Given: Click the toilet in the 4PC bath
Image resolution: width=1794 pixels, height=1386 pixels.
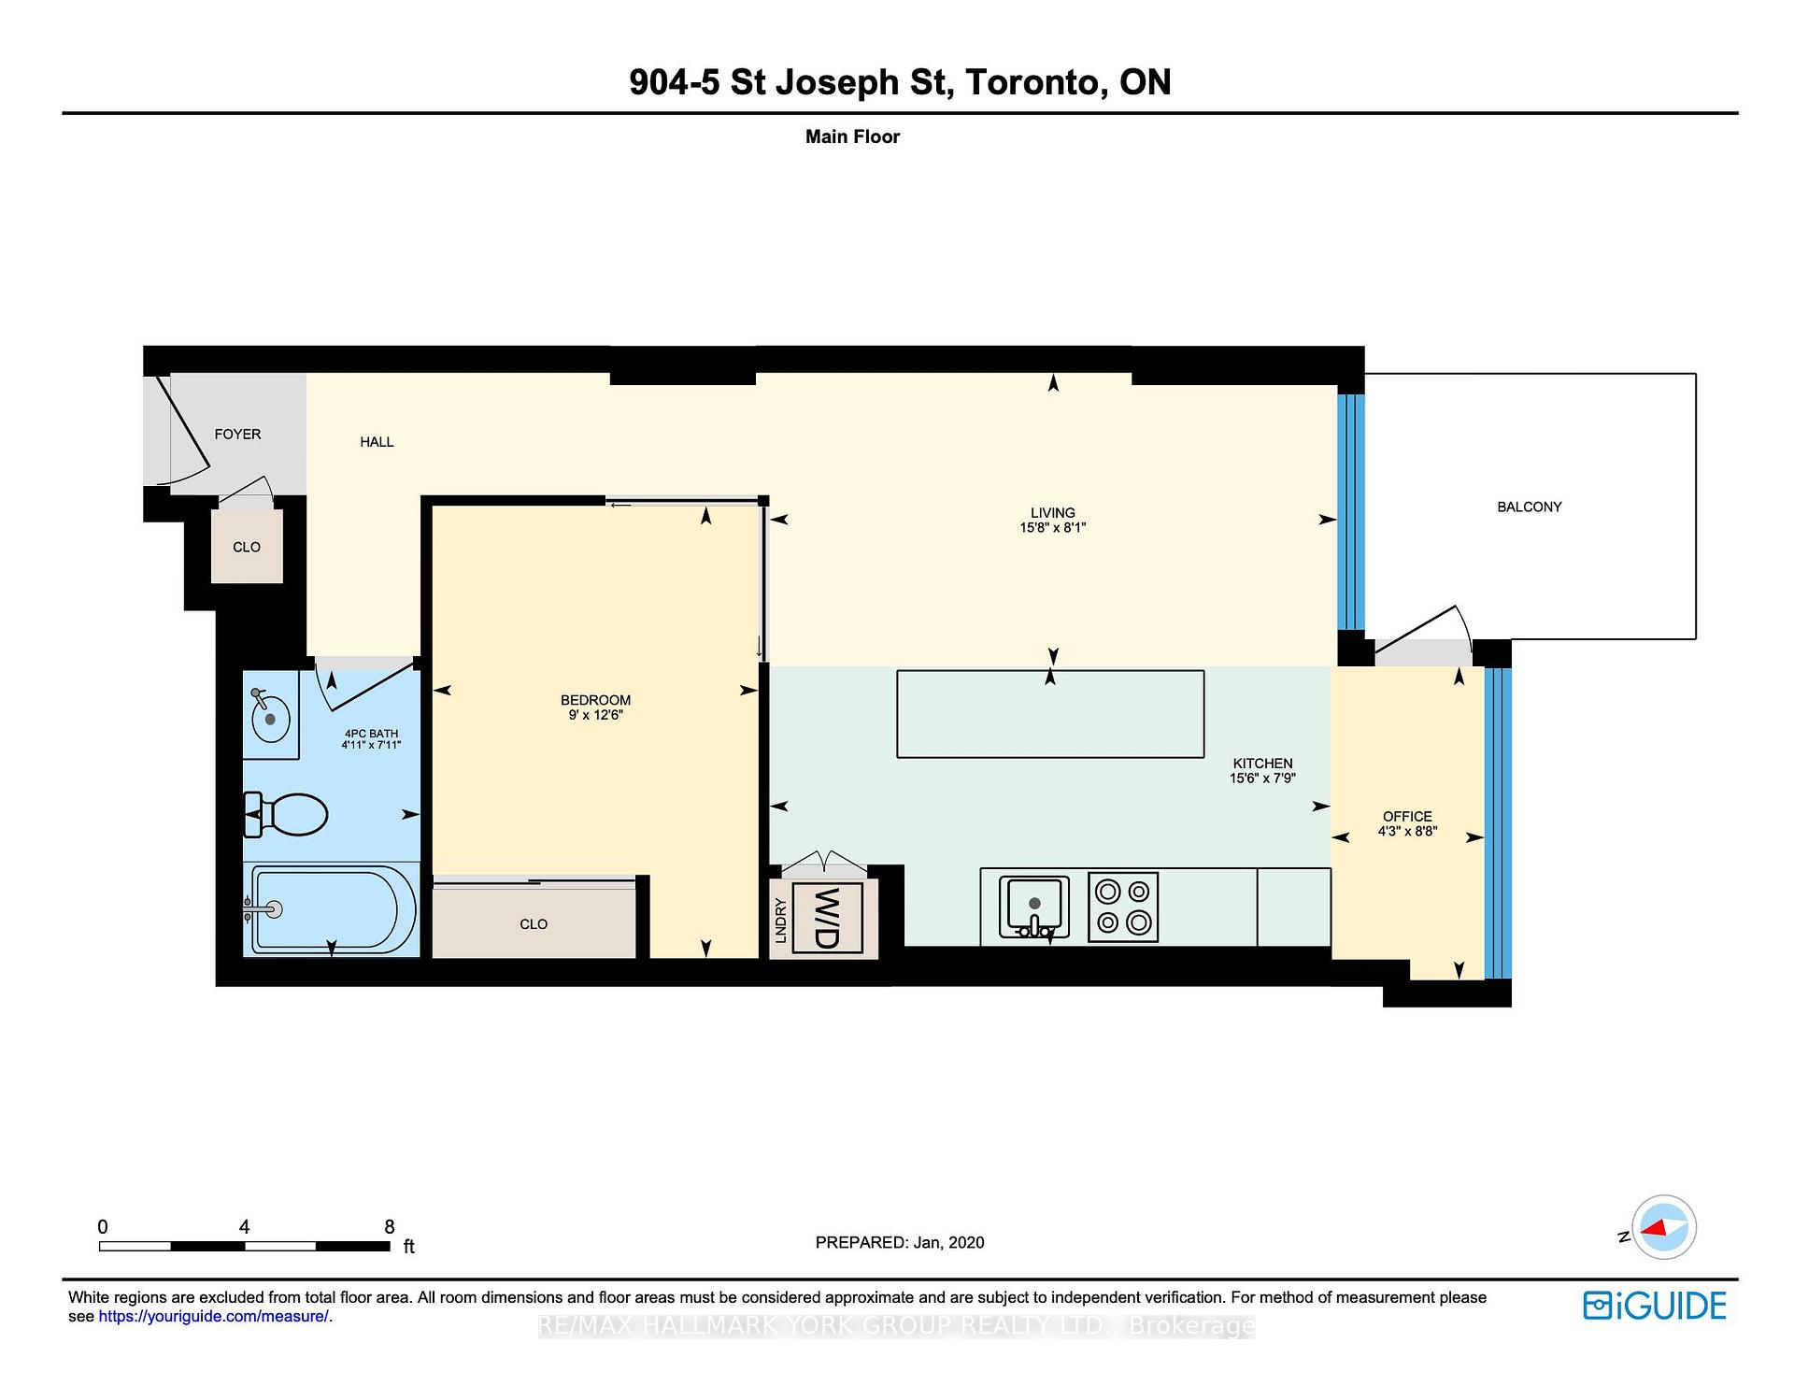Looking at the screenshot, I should point(288,815).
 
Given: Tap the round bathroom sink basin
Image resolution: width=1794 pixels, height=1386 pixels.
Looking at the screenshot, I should point(270,719).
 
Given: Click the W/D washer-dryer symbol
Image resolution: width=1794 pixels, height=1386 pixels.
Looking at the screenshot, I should point(827,918).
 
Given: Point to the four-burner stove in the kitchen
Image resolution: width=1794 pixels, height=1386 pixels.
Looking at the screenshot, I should point(1123,907).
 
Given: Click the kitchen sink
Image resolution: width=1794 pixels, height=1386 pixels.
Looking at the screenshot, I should point(1034,906).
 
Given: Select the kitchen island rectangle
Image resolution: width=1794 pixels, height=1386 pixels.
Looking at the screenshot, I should point(1050,714).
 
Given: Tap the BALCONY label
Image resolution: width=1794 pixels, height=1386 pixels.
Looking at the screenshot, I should point(1529,507).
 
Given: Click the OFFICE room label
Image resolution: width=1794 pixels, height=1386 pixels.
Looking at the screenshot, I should point(1407,816).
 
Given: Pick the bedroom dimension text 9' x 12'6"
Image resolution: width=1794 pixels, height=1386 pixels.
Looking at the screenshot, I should point(595,715).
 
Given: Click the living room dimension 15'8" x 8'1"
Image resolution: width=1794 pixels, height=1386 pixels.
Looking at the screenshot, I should point(1052,528).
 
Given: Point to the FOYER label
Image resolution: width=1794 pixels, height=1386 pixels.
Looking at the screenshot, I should point(237,435).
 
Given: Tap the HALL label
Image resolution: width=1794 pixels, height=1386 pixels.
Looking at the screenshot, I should point(377,442).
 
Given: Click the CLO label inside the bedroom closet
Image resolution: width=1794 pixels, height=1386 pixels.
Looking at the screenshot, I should point(534,924).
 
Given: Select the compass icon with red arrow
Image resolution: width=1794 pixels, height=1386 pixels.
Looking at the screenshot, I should point(1664,1228).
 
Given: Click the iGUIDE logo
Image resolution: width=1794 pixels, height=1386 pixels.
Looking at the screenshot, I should point(1655,1306).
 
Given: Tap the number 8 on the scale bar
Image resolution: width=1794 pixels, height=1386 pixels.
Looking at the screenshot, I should point(390,1227).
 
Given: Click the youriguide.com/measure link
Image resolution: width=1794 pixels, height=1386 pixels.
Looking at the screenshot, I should point(213,1317).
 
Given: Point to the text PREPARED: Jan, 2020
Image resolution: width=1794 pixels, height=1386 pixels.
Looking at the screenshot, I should point(899,1242).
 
